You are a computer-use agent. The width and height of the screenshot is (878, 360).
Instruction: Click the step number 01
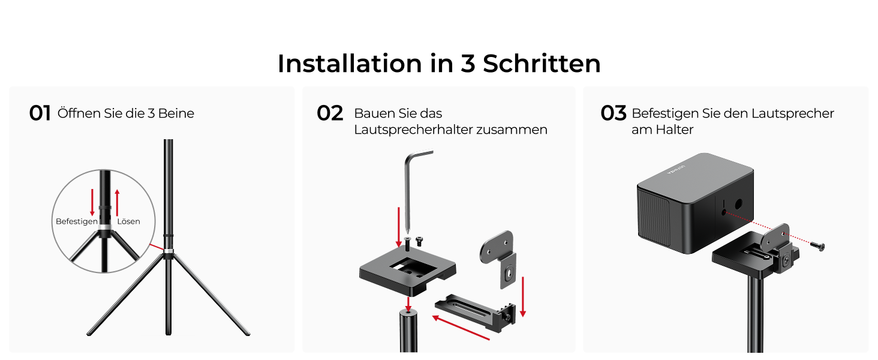(x=40, y=113)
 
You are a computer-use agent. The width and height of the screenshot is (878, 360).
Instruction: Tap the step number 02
(x=330, y=113)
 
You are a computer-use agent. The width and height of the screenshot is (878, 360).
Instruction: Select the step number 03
(x=614, y=113)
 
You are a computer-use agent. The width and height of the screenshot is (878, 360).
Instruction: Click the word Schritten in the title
(x=542, y=64)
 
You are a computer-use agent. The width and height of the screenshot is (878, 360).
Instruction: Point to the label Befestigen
(x=76, y=221)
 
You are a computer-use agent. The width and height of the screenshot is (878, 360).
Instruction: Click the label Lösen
(x=128, y=221)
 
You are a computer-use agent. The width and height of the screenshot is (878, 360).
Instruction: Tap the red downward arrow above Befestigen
(x=92, y=202)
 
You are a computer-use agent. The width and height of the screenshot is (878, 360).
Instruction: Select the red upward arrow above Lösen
(x=117, y=202)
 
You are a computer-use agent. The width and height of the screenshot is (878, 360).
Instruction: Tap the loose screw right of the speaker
(x=817, y=246)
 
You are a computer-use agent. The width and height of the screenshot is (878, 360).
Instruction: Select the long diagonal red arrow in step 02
(x=461, y=328)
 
